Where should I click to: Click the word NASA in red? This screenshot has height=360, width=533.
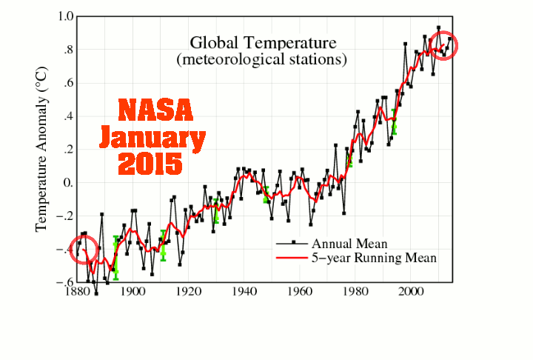[155, 110]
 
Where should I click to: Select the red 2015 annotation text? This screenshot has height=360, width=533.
[150, 164]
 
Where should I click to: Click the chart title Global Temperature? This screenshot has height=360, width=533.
[263, 43]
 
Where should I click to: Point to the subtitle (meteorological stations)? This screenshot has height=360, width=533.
[262, 59]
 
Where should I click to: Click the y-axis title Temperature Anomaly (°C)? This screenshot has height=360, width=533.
[41, 149]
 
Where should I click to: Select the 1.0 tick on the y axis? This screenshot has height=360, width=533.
[66, 16]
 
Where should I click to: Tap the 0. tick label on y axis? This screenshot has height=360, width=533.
[68, 183]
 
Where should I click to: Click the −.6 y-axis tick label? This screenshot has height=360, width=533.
[65, 282]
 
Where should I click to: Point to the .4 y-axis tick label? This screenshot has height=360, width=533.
[68, 116]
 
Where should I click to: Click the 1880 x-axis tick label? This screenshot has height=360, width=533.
[77, 292]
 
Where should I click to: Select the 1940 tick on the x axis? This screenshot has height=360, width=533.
[244, 292]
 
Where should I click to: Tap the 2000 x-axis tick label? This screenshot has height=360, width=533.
[411, 292]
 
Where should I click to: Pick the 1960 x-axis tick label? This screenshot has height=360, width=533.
[300, 292]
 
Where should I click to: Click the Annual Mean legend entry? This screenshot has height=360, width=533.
[332, 244]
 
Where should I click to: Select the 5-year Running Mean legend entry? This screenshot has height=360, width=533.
[356, 258]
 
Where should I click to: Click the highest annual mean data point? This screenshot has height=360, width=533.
[438, 27]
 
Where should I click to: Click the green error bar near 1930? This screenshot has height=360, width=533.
[216, 211]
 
